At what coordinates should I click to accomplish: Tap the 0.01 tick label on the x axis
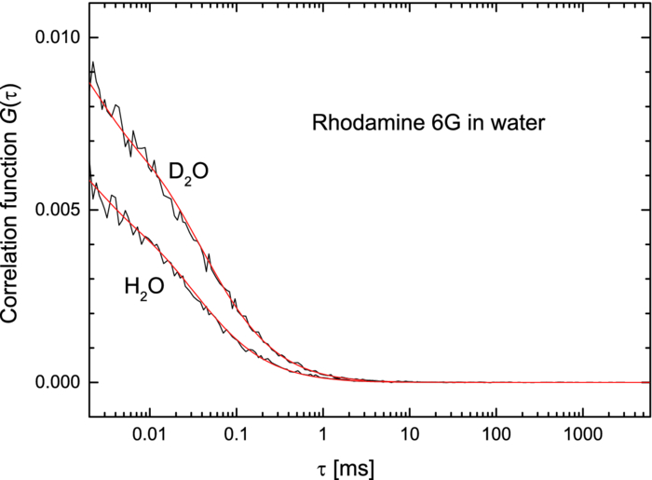click(x=149, y=435)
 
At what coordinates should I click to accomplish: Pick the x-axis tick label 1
click(x=322, y=435)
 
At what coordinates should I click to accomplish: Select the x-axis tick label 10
click(x=409, y=435)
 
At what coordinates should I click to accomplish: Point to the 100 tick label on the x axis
click(x=496, y=435)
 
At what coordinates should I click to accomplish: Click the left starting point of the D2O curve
click(x=88, y=82)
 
